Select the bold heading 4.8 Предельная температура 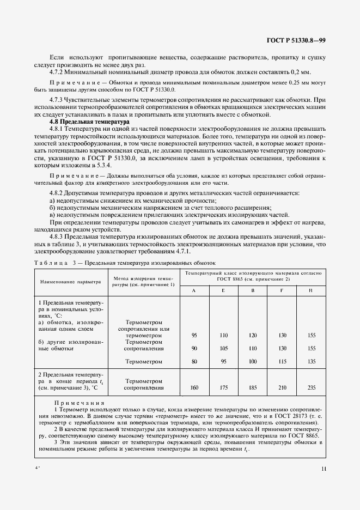point(87,122)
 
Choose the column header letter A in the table point(194,290)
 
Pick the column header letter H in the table point(310,290)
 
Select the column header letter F point(282,290)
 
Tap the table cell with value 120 point(252,335)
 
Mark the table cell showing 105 point(223,348)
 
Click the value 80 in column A point(194,361)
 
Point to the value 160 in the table point(194,387)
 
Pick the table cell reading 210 point(282,387)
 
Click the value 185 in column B point(252,387)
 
